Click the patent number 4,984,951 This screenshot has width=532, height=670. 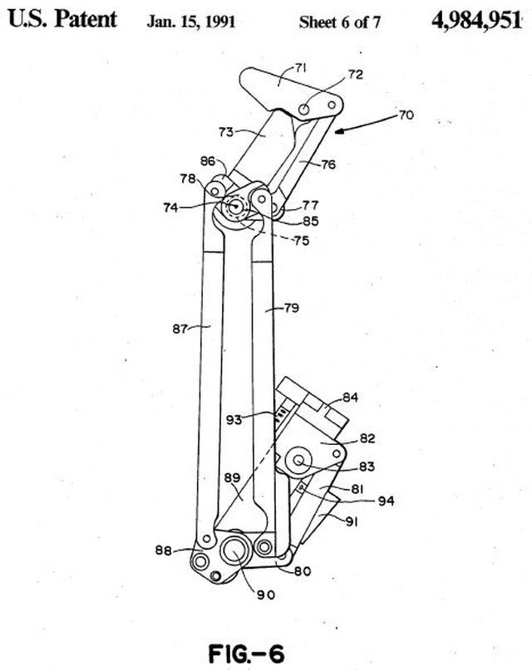[476, 20]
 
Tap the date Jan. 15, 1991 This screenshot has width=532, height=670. [190, 22]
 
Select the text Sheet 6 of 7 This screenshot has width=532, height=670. [339, 22]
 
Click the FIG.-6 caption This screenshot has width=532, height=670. [246, 653]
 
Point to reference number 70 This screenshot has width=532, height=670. [406, 115]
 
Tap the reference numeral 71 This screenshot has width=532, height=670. [301, 68]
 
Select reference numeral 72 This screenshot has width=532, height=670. [355, 75]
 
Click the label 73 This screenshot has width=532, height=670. [226, 132]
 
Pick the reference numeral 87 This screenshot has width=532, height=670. [180, 329]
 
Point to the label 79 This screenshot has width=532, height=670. [292, 308]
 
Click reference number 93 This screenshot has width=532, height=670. [234, 420]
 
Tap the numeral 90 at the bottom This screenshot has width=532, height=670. [265, 594]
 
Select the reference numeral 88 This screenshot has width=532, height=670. [164, 550]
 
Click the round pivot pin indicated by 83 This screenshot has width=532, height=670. [298, 460]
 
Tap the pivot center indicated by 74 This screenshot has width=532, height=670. [234, 207]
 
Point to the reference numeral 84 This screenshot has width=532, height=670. [350, 398]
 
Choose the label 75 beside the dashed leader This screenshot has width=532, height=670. [302, 241]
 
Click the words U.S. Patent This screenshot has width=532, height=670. [62, 19]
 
